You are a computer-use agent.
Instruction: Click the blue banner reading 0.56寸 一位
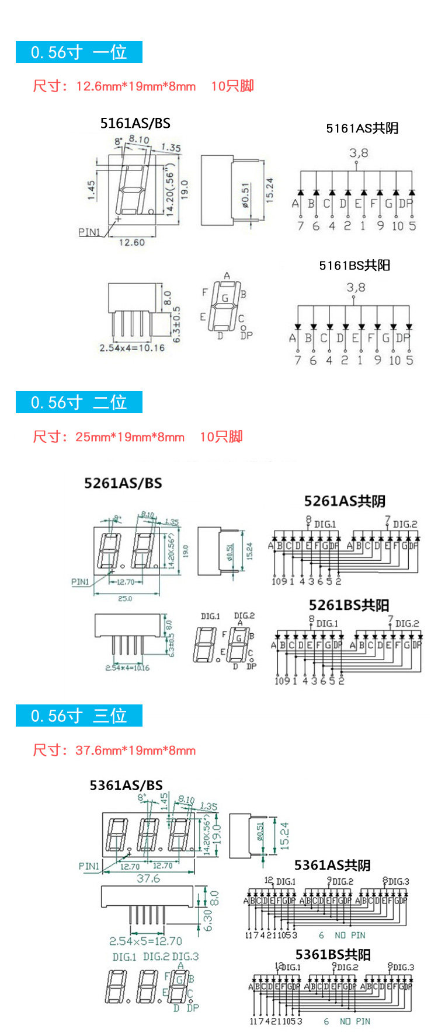pos(79,52)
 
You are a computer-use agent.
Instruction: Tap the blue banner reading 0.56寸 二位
pos(79,402)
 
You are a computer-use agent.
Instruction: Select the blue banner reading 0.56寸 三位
pos(79,716)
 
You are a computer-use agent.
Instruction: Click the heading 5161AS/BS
pos(135,123)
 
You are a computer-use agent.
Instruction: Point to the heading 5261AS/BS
pos(123,483)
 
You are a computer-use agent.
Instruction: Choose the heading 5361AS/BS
pos(126,785)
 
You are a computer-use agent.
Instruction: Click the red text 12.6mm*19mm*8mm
pos(135,87)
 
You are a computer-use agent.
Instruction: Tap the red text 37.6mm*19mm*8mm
pos(135,751)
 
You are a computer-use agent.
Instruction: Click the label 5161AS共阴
pos(362,128)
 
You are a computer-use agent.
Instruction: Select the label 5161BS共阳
pos(354,266)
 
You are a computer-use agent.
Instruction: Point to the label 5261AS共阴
pos(345,501)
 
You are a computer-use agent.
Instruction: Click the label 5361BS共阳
pos(333,954)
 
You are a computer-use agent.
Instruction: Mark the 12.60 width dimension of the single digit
pos(131,242)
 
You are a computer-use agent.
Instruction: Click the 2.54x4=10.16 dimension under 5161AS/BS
pos(132,348)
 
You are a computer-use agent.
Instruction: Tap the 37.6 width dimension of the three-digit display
pos(148,878)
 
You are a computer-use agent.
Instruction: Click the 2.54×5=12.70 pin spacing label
pos(145,941)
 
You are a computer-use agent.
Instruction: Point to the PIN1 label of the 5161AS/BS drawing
pos(89,232)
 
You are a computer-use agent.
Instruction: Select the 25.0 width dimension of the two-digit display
pos(125,599)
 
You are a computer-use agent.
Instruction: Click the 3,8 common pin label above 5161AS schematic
pos(359,153)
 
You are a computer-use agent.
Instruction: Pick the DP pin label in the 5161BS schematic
pos(403,338)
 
